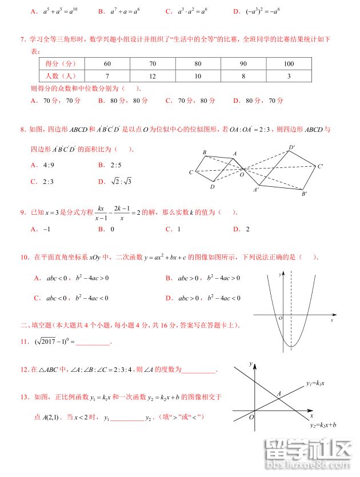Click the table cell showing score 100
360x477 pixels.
tap(289, 63)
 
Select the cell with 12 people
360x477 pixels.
tap(153, 75)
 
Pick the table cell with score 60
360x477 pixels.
tap(107, 63)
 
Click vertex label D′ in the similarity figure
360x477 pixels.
tap(292, 147)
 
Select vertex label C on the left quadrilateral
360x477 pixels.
tap(191, 172)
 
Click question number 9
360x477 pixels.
tap(23, 213)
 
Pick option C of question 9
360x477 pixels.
tap(173, 229)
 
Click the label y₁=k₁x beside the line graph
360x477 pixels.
tap(315, 382)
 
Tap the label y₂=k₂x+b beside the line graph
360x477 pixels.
tap(323, 425)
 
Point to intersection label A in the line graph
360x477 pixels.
tap(279, 394)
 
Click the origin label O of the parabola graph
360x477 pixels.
tap(280, 317)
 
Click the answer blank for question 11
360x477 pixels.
tap(92, 343)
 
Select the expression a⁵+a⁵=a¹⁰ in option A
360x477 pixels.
tap(61, 11)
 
